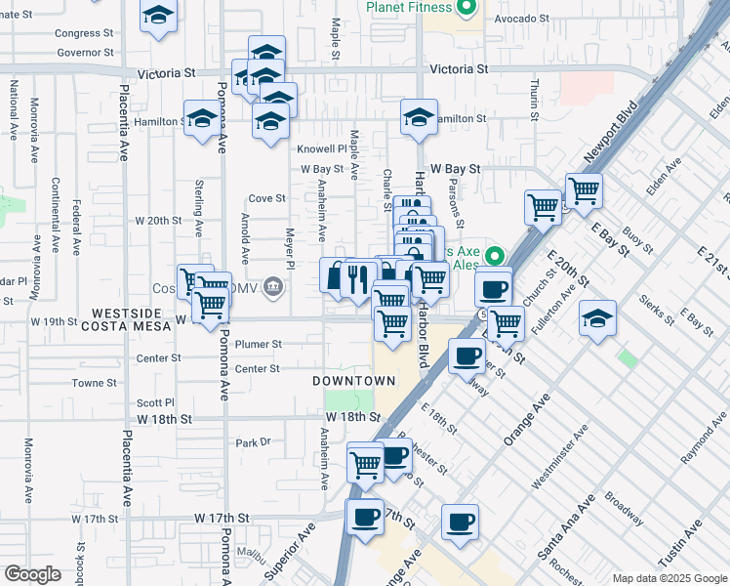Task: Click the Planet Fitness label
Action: pyautogui.click(x=409, y=7)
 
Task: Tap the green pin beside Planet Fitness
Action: pyautogui.click(x=466, y=8)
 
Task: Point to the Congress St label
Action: pyautogui.click(x=78, y=33)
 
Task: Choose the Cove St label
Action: pyautogui.click(x=266, y=198)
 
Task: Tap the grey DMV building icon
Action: pyautogui.click(x=273, y=288)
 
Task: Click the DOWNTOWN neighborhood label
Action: pyautogui.click(x=354, y=381)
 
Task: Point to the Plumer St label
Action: pyautogui.click(x=259, y=345)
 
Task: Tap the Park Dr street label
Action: pyautogui.click(x=253, y=442)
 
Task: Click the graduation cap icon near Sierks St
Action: pyautogui.click(x=597, y=318)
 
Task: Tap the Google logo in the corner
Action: pyautogui.click(x=31, y=574)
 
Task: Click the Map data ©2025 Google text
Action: pyautogui.click(x=669, y=578)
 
